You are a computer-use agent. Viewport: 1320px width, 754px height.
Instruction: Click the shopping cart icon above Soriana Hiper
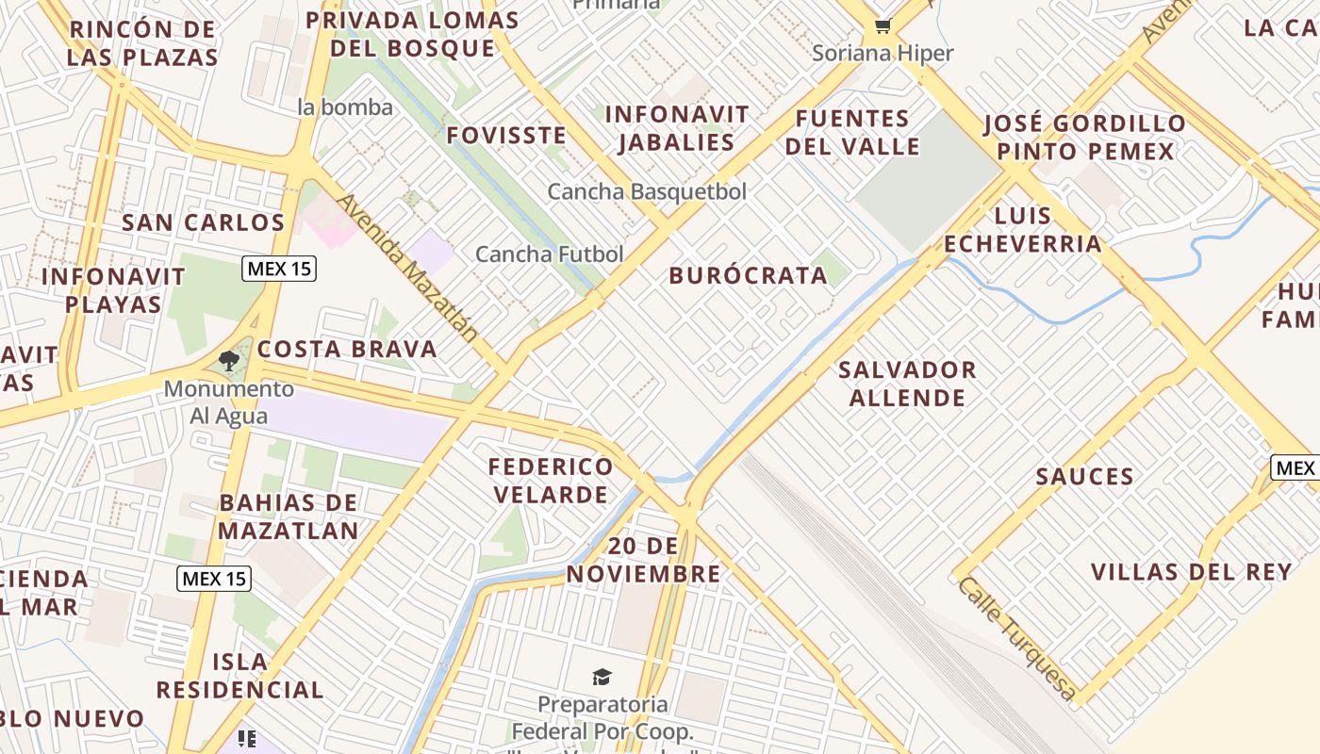coord(883,26)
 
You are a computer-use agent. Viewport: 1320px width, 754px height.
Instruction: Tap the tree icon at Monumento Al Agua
coord(228,360)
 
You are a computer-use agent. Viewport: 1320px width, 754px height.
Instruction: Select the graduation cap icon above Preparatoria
coord(602,677)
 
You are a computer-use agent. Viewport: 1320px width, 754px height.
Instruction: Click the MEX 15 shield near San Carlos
coord(279,269)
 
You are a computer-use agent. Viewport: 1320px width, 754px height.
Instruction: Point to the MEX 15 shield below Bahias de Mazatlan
coord(214,578)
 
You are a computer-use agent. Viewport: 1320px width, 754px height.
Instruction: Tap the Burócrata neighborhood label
coord(748,276)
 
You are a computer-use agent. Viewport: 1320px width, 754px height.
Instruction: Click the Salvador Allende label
coord(907,384)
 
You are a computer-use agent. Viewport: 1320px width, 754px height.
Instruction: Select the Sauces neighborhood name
coord(1084,477)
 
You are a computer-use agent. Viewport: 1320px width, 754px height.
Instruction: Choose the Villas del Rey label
coord(1191,572)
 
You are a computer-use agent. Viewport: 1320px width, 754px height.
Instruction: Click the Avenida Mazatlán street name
coord(407,268)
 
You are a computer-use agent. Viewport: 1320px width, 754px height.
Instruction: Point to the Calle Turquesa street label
coord(1016,638)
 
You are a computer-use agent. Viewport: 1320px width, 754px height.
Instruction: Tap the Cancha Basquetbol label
coord(647,192)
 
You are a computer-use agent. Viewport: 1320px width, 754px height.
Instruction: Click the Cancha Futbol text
coord(549,254)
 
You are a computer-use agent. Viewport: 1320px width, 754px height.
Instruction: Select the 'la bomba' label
coord(344,107)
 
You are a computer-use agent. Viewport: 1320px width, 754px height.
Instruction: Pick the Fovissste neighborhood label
coord(506,136)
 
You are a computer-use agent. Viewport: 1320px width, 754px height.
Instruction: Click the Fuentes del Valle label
coord(852,133)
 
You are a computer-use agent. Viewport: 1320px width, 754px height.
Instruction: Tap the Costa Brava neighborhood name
coord(347,350)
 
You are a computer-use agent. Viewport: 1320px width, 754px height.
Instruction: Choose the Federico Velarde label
coord(550,481)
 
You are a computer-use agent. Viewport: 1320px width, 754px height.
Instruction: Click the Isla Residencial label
coord(239,676)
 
